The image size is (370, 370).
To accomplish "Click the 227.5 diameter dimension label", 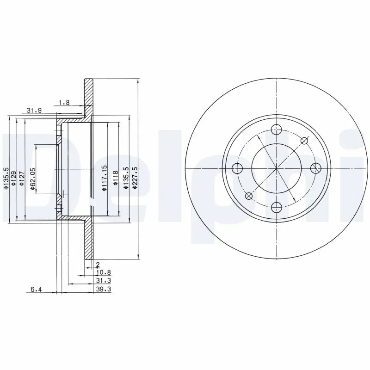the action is point(135,178).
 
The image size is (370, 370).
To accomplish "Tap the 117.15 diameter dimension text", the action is point(105,178).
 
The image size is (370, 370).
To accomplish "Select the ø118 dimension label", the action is point(116,178).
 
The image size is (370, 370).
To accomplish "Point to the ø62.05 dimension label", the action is point(33,179).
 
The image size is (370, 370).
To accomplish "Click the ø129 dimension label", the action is point(14,179).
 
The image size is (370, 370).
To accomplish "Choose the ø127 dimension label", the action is point(22,179).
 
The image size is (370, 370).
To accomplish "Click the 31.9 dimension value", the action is point(34,110).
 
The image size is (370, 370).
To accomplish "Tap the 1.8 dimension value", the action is point(64,103).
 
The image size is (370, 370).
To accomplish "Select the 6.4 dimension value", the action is point(36,290).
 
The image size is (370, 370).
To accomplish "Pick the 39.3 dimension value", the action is point(103,289).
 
